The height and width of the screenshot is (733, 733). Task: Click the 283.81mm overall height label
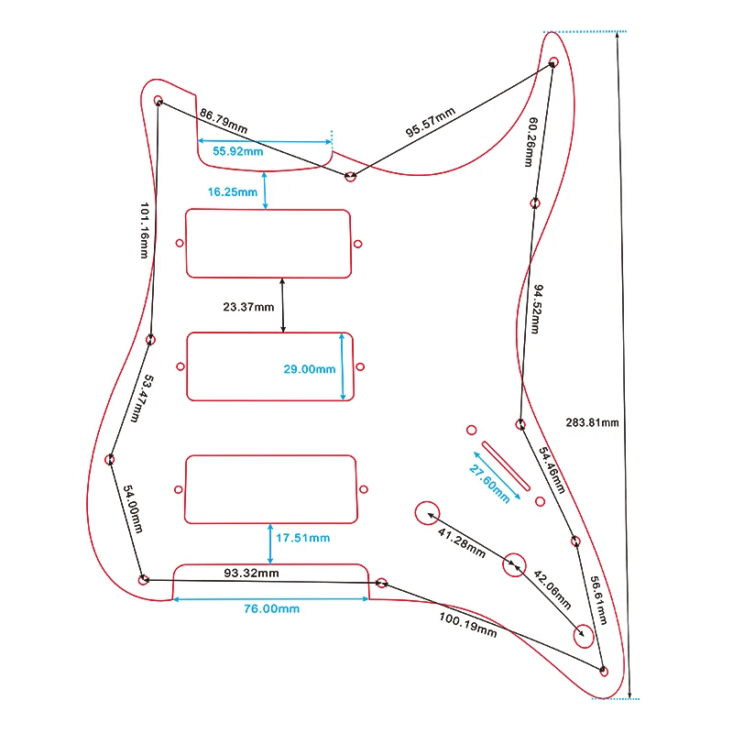pyautogui.click(x=594, y=422)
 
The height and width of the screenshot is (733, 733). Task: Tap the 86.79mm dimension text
pyautogui.click(x=224, y=121)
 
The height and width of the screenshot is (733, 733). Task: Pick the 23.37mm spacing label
pyautogui.click(x=248, y=307)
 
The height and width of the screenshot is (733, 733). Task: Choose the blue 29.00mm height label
pyautogui.click(x=309, y=368)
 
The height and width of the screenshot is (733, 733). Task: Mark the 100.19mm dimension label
pyautogui.click(x=467, y=623)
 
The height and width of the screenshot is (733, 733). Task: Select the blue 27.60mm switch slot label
pyautogui.click(x=490, y=477)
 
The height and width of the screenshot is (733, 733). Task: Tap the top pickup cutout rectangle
pyautogui.click(x=269, y=243)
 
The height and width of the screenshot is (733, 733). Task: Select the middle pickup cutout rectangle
pyautogui.click(x=269, y=366)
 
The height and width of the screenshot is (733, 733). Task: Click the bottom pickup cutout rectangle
pyautogui.click(x=269, y=489)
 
